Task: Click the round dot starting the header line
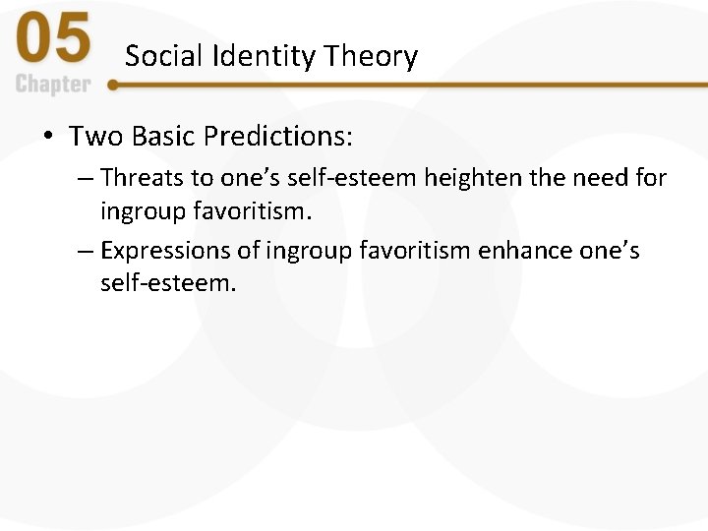tap(113, 85)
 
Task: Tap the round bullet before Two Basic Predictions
tap(49, 136)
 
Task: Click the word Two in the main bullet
tap(93, 135)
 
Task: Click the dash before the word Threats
tap(86, 179)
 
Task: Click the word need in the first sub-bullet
tap(587, 178)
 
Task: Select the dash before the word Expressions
tap(86, 252)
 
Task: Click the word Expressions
tap(157, 251)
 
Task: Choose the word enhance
tap(525, 251)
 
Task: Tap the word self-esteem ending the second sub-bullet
tap(168, 283)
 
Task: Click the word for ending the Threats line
tap(650, 178)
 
